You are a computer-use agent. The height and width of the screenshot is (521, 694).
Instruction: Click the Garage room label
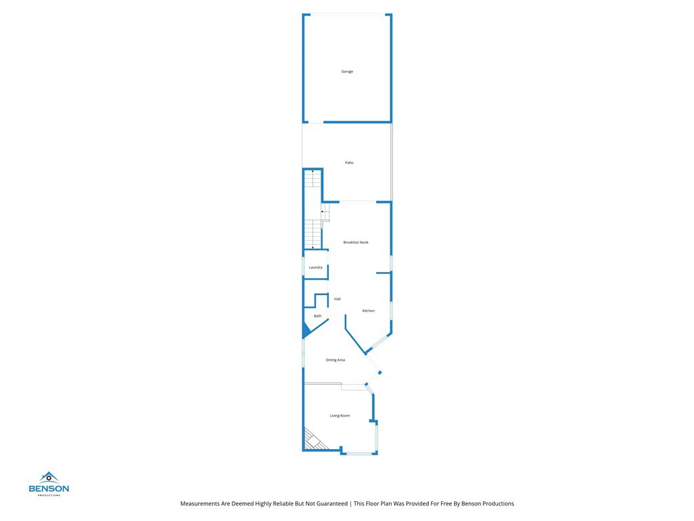click(x=347, y=71)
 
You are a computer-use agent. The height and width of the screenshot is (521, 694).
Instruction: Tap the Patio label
click(x=349, y=163)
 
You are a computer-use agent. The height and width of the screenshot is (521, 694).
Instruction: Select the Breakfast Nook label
click(x=356, y=242)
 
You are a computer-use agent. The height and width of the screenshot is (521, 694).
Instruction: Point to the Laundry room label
click(x=316, y=267)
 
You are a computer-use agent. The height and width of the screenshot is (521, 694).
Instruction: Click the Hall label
click(x=337, y=299)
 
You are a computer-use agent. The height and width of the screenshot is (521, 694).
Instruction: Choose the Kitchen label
click(x=368, y=311)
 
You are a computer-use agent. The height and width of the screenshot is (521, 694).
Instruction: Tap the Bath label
click(x=317, y=316)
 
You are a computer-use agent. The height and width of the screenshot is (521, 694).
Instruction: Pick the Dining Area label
click(x=335, y=360)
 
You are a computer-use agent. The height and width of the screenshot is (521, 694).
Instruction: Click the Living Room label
click(x=340, y=416)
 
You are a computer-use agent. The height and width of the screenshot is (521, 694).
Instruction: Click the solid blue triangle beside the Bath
click(x=306, y=330)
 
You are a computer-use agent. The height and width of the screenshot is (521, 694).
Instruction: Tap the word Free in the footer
click(x=442, y=503)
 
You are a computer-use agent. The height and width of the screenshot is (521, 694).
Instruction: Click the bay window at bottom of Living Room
click(x=359, y=452)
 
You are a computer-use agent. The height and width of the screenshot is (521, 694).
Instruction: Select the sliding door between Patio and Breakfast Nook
click(x=356, y=201)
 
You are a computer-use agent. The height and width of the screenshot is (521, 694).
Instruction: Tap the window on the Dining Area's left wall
click(x=303, y=354)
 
